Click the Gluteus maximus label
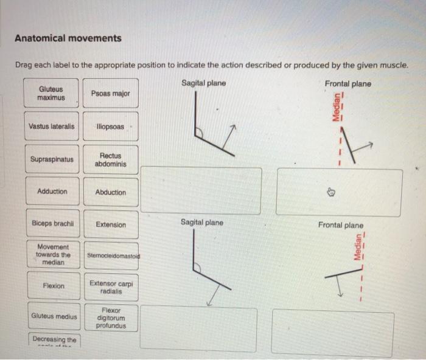(51, 93)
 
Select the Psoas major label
(110, 93)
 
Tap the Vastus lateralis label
(52, 126)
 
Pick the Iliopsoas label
(110, 126)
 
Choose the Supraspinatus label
(52, 160)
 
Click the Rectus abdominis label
(110, 160)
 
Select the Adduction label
(52, 192)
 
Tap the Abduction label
(110, 192)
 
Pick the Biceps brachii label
(52, 224)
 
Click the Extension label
(110, 224)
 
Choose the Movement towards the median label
(52, 255)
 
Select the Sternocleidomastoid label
(111, 255)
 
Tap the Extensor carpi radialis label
(111, 287)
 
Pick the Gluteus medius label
(54, 316)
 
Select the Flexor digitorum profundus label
(111, 317)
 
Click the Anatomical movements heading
(68, 38)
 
